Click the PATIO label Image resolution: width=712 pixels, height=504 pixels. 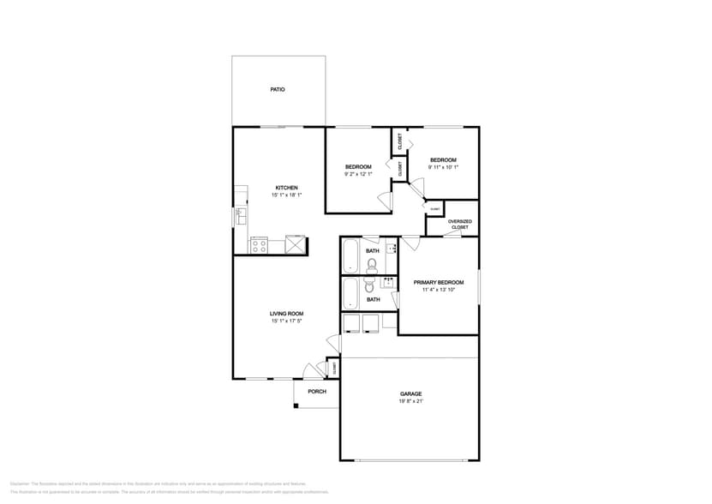click(x=278, y=89)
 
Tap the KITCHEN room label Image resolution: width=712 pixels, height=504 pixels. click(x=286, y=188)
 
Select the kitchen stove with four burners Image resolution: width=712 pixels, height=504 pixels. click(x=259, y=245)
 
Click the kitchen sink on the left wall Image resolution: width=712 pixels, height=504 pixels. click(x=240, y=216)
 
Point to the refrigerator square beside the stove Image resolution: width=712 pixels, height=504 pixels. click(x=295, y=245)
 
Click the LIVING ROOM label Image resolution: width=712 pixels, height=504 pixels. click(x=286, y=314)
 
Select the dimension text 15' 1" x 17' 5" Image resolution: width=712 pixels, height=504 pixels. click(x=286, y=321)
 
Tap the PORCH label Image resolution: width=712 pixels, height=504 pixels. click(x=317, y=392)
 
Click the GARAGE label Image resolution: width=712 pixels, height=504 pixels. click(x=410, y=393)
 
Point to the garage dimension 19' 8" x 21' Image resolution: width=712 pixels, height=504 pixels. click(x=410, y=401)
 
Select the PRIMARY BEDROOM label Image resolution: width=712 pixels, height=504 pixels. click(x=439, y=282)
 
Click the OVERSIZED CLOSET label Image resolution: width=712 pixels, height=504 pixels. click(x=460, y=224)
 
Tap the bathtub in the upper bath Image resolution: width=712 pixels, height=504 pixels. click(x=350, y=256)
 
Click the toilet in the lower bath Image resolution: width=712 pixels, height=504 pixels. click(x=370, y=285)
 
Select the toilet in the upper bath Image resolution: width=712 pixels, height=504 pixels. click(x=372, y=265)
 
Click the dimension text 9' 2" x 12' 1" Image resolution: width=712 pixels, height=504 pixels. click(x=358, y=174)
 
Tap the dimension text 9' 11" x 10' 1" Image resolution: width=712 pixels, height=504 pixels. click(x=443, y=167)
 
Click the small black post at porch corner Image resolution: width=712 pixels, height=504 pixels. click(x=296, y=405)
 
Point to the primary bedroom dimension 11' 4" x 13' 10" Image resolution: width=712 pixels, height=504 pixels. click(x=439, y=290)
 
